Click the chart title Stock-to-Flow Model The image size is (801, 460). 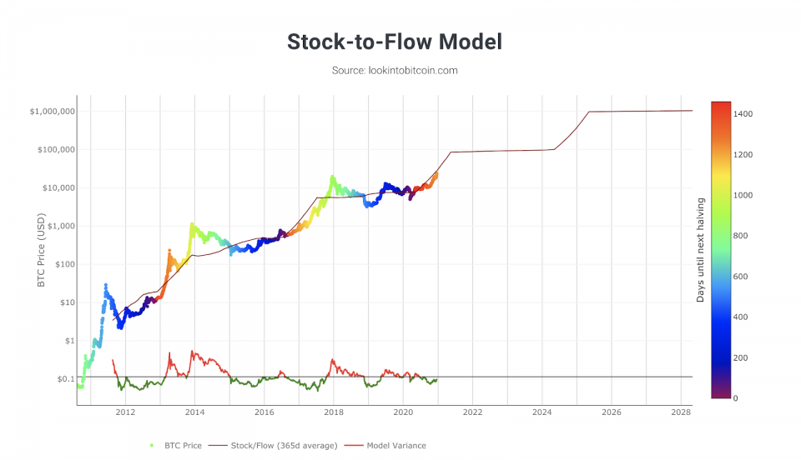395,42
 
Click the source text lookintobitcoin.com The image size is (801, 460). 395,71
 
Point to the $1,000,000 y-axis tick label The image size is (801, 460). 53,112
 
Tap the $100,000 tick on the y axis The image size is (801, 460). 55,150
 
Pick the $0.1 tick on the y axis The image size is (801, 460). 63,379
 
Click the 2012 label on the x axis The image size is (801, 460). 125,412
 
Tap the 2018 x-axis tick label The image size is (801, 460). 334,412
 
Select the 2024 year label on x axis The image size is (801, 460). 542,412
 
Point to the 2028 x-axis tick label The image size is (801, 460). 681,412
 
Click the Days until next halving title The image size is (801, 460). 701,250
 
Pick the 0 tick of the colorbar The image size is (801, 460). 735,398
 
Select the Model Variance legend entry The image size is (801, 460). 391,446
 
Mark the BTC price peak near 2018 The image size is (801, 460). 333,177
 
